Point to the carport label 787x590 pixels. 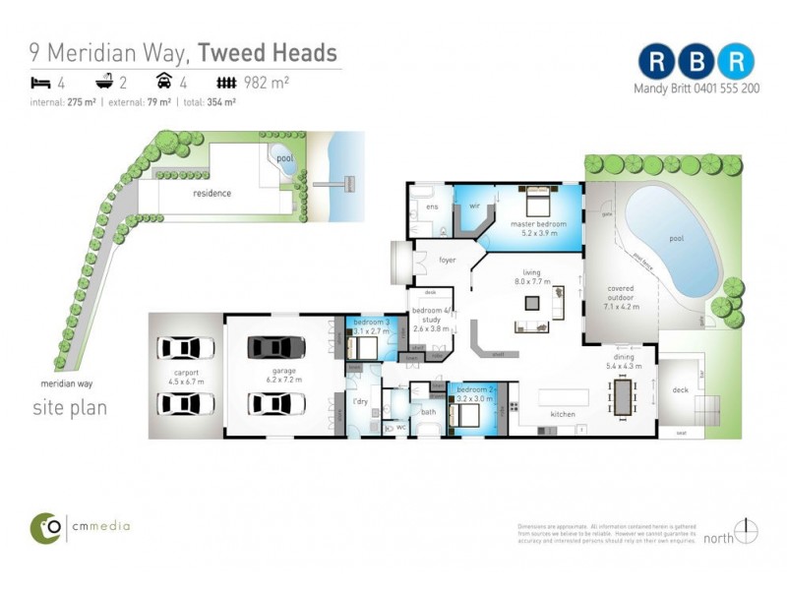click(186, 373)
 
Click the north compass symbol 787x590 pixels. click(748, 531)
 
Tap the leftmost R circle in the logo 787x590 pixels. click(655, 61)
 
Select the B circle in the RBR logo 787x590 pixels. click(696, 61)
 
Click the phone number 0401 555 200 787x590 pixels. click(725, 88)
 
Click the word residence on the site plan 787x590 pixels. click(212, 194)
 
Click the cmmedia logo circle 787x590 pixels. click(46, 527)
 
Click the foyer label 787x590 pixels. click(447, 261)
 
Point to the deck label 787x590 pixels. click(679, 390)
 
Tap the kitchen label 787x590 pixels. click(563, 414)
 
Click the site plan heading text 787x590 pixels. click(70, 407)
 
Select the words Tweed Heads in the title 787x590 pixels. click(268, 53)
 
